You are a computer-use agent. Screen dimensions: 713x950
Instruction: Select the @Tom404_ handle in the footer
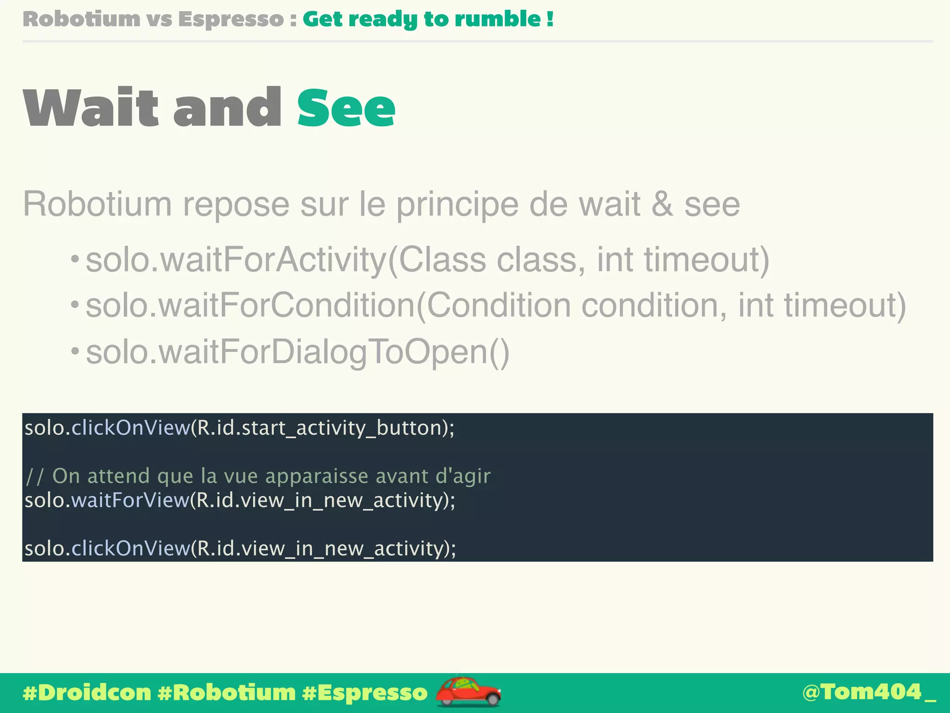[x=868, y=692]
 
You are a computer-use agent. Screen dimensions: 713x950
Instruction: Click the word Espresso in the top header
[x=231, y=19]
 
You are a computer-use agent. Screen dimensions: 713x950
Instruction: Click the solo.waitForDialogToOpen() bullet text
[x=297, y=352]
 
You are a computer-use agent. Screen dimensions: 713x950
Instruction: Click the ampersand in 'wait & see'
[x=662, y=204]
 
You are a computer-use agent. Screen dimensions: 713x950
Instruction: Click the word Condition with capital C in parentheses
[x=498, y=305]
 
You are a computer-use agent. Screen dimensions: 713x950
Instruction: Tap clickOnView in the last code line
[x=130, y=549]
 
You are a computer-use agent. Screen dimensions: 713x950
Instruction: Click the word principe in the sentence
[x=457, y=204]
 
